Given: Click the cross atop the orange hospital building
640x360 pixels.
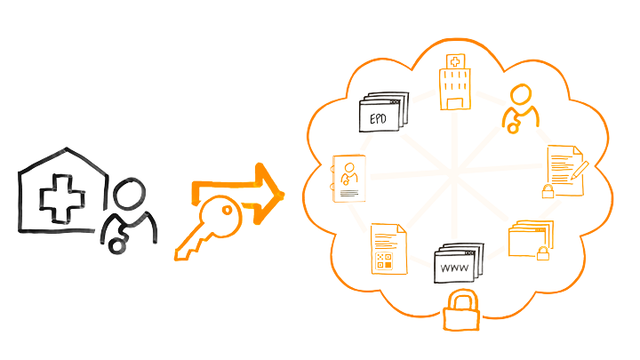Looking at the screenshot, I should click(x=456, y=63).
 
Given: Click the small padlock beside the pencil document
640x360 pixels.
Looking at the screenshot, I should click(x=549, y=190).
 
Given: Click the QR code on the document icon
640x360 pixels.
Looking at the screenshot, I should click(x=384, y=260).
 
